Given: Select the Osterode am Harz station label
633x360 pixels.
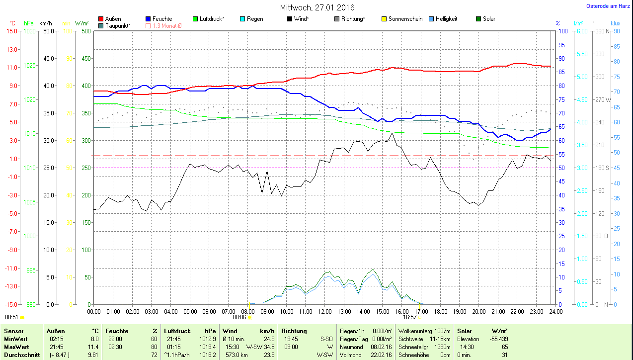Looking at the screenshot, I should click(608, 6).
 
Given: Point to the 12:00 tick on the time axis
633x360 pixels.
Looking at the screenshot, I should click(324, 311).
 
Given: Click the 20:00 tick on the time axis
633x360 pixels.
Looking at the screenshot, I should click(478, 311).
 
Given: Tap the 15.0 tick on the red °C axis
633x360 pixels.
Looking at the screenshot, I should click(11, 31).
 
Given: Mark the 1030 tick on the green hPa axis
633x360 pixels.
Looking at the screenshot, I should click(30, 31).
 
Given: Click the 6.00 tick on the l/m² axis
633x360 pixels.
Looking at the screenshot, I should click(580, 31).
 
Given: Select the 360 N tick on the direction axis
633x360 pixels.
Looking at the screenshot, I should click(603, 31).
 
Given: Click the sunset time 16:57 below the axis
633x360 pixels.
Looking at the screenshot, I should click(409, 317).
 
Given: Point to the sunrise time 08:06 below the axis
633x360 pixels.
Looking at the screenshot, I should click(239, 317).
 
